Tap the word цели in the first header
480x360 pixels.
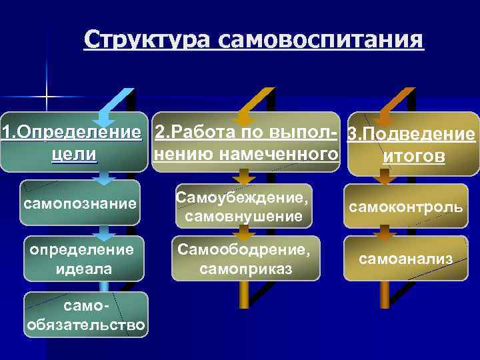coord(74,155)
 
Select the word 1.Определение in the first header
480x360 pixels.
coord(73,131)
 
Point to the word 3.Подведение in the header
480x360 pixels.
coord(411,135)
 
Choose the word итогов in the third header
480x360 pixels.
coord(411,157)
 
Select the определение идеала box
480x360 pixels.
coord(81,258)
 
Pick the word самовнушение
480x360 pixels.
coord(243,216)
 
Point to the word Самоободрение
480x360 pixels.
coord(243,251)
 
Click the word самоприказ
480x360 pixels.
coord(243,269)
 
